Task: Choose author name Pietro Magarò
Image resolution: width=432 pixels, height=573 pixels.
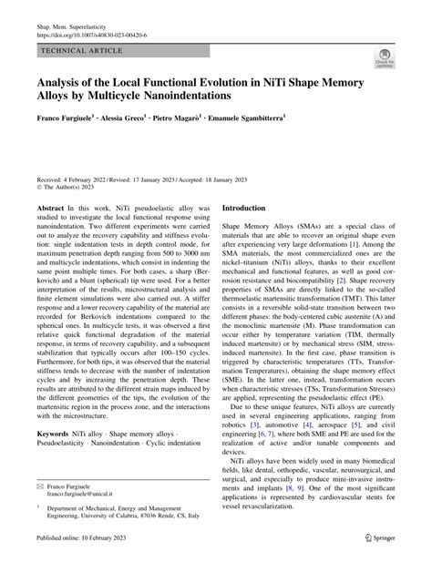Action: coord(213,143)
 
